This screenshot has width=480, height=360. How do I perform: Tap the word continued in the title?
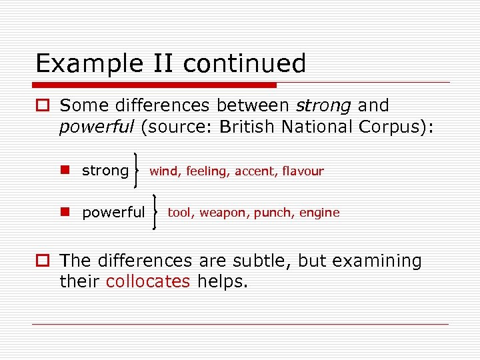click(x=244, y=63)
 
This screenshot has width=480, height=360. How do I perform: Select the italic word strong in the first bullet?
click(x=324, y=105)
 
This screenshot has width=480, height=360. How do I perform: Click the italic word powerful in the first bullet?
click(x=97, y=127)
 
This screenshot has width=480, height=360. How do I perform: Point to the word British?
click(x=254, y=127)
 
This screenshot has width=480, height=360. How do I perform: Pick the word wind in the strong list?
click(x=164, y=171)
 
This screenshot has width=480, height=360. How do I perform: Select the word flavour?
click(x=303, y=171)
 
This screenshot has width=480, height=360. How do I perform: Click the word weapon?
click(x=223, y=213)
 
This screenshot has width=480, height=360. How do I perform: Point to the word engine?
click(x=319, y=213)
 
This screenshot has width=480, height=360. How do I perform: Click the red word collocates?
click(x=148, y=281)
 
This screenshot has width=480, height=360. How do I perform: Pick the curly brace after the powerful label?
click(x=156, y=212)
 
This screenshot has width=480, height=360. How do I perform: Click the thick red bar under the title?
click(x=154, y=85)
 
